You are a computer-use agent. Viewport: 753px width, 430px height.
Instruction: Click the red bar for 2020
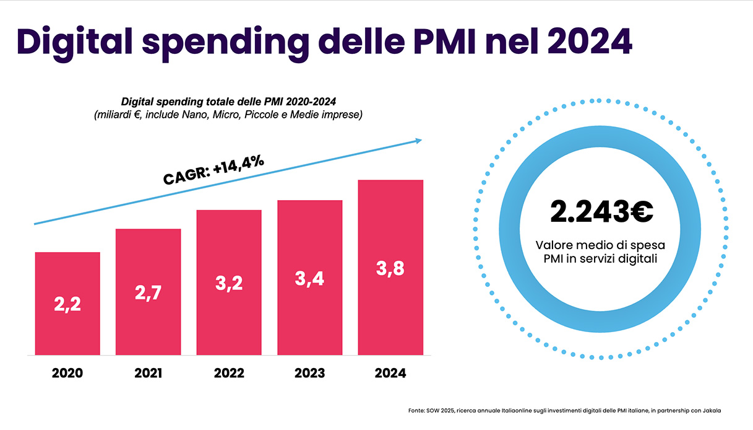click(x=67, y=304)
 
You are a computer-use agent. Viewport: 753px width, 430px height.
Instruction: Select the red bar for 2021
click(x=148, y=292)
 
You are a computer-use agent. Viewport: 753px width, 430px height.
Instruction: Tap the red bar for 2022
click(x=229, y=283)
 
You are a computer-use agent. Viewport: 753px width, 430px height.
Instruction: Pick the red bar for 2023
click(x=309, y=278)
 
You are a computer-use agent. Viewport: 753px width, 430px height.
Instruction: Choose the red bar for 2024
click(x=390, y=268)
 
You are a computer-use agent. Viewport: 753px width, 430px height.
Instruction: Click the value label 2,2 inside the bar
click(x=67, y=305)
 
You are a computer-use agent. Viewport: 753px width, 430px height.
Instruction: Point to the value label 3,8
click(x=390, y=270)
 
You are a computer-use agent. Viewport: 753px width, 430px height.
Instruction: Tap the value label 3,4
click(x=309, y=279)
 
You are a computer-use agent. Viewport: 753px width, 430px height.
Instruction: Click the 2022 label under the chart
click(x=229, y=373)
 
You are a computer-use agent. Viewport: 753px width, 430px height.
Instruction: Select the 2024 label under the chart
click(x=390, y=373)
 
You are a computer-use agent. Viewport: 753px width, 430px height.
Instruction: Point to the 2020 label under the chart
click(x=67, y=373)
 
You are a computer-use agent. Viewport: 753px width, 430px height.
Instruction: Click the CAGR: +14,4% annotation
click(x=213, y=170)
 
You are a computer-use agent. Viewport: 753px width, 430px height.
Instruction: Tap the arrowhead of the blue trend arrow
click(x=418, y=141)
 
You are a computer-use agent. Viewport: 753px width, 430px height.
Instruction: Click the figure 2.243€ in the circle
click(x=601, y=211)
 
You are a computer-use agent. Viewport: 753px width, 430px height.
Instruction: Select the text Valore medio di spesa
click(x=600, y=245)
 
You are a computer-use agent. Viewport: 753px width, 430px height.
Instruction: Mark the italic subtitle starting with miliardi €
click(x=228, y=115)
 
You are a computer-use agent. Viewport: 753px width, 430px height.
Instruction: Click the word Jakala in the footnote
click(x=710, y=410)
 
